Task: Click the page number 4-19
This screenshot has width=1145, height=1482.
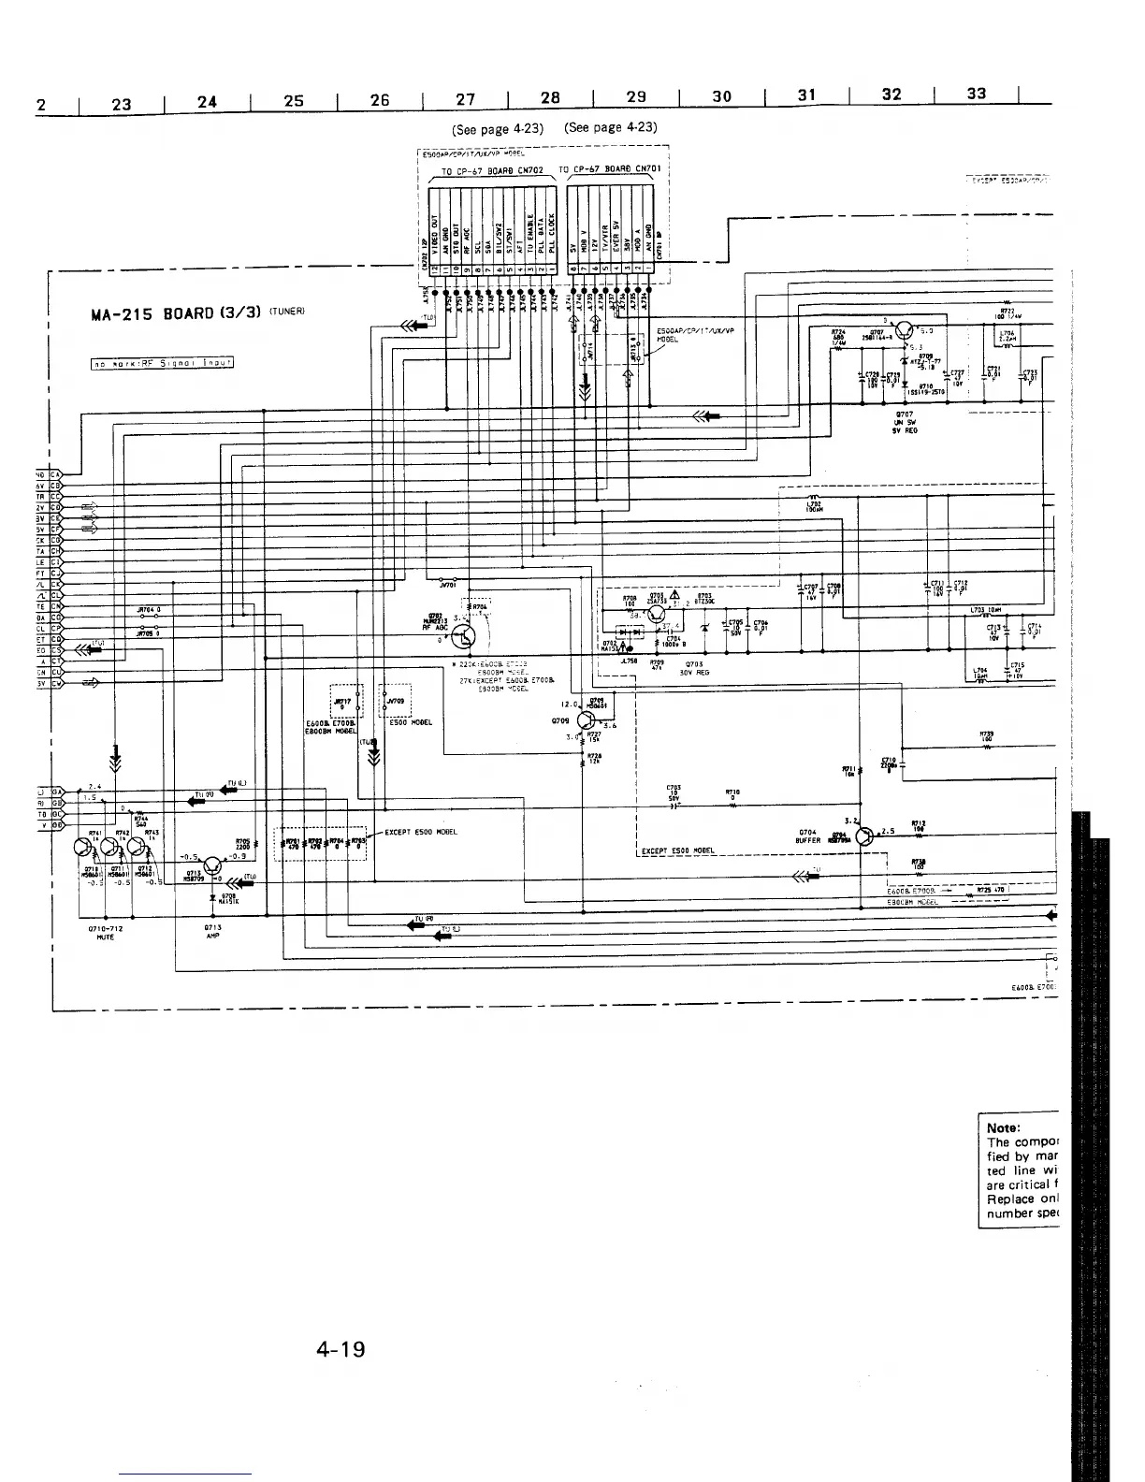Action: point(341,1350)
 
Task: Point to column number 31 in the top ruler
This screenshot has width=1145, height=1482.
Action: point(807,94)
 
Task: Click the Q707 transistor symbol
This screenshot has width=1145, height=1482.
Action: point(906,329)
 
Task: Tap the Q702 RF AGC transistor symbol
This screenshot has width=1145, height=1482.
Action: point(465,637)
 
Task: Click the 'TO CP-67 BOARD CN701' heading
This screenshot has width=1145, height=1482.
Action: point(610,169)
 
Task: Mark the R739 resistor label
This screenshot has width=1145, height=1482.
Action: point(985,734)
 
